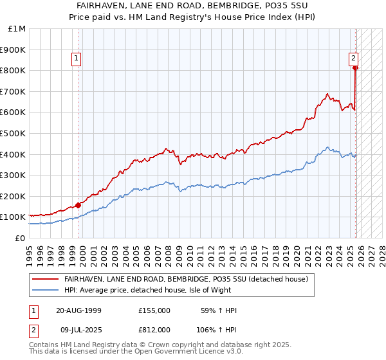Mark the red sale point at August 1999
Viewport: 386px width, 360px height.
[x=78, y=206]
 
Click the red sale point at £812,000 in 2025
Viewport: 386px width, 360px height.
[x=355, y=67]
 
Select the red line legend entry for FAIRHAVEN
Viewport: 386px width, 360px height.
[x=187, y=279]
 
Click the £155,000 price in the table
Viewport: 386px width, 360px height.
[x=154, y=310]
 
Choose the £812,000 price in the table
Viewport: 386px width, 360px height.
[x=154, y=329]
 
